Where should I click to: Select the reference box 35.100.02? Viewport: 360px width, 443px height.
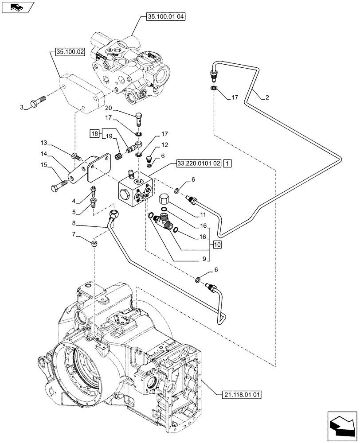coord(70,52)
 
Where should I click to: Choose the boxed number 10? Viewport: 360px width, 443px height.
coord(216,245)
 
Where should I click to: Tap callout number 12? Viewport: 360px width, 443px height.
coord(164,145)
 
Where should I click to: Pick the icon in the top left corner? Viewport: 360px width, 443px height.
coord(16,7)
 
